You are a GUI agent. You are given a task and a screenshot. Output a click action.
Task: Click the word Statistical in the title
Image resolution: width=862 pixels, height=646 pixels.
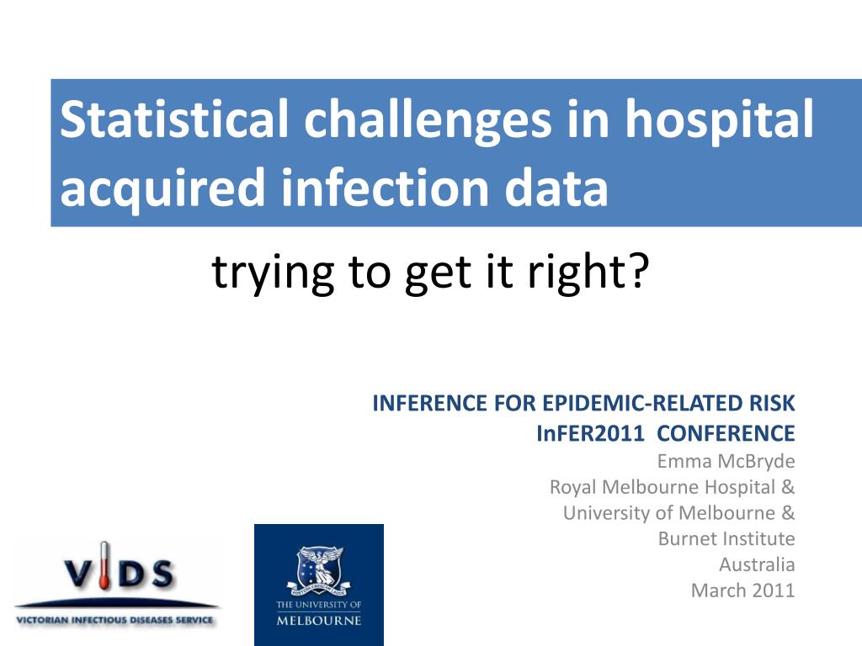point(174,119)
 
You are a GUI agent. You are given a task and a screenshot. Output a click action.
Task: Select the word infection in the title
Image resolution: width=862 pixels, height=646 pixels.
point(386,188)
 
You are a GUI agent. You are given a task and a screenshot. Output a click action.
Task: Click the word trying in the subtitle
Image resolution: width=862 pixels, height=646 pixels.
point(273,273)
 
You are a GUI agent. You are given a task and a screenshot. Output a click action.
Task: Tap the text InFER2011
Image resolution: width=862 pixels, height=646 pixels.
point(590,433)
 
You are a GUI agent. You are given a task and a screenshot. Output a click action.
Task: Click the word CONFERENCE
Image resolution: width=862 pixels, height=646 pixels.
point(726,433)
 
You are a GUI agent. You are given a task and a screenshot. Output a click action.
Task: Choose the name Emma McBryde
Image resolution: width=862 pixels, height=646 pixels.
point(726,462)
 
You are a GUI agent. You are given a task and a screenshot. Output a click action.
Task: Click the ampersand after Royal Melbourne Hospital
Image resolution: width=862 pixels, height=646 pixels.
point(788,487)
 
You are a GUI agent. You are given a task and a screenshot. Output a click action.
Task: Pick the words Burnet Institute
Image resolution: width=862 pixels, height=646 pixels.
point(726,538)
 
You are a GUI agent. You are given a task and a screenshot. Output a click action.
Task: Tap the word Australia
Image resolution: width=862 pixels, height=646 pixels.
point(757,564)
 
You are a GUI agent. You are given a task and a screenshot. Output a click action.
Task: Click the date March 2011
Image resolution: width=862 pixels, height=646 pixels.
point(742,590)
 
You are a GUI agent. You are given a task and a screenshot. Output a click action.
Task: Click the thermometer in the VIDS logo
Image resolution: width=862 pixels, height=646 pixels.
point(104,566)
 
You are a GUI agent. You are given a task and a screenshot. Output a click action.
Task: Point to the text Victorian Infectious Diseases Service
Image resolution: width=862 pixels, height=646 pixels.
point(114,620)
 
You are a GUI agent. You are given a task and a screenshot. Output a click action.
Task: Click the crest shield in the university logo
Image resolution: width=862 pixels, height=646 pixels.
point(319,566)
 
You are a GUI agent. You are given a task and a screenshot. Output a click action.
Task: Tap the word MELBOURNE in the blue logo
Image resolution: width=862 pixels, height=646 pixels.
point(319,621)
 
